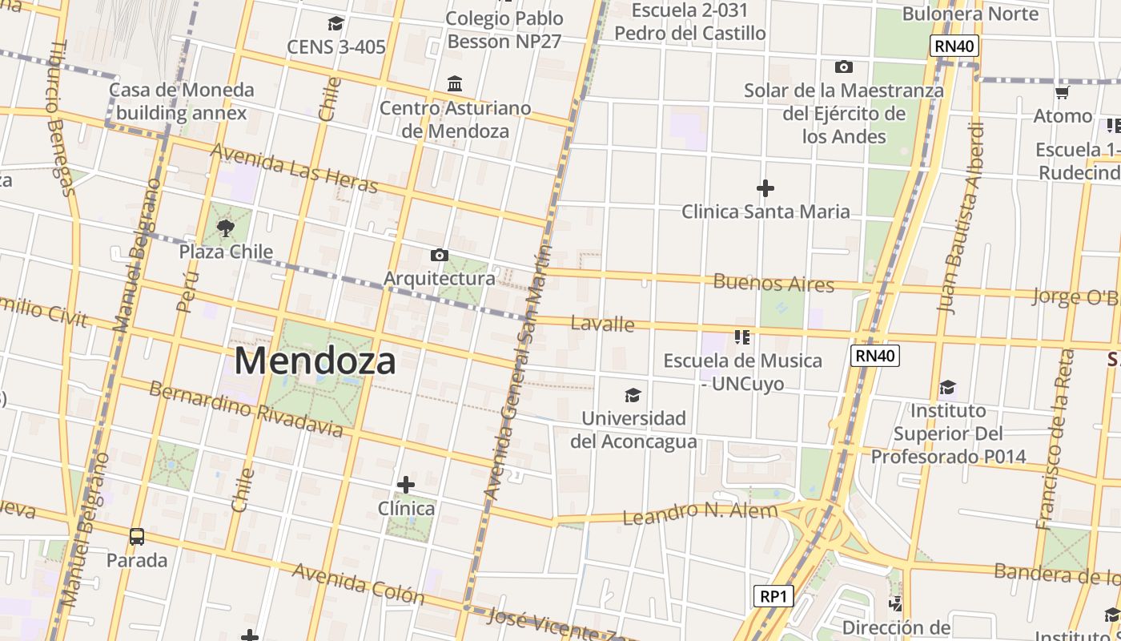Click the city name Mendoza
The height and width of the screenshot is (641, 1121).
coord(315,361)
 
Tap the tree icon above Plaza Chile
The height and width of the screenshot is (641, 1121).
coord(226,228)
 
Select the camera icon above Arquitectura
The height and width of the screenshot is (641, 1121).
coord(439,255)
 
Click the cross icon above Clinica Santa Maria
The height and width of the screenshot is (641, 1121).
coord(765,188)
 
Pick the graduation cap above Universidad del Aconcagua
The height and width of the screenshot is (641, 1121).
coord(633,395)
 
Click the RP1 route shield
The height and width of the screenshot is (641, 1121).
coord(773,596)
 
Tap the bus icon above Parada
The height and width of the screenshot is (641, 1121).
coord(137,536)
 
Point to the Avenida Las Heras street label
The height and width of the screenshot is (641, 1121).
coord(293,168)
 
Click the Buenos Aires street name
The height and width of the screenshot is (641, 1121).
coord(773,283)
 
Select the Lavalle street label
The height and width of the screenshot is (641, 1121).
coord(602,324)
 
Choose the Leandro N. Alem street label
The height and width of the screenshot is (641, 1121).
coord(700,513)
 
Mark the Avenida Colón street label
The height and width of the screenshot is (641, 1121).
coord(358,583)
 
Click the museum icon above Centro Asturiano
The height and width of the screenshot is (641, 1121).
coord(455,83)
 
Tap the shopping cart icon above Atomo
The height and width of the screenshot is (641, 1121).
coord(1063,92)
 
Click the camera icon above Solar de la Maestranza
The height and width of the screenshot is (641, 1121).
coord(843,67)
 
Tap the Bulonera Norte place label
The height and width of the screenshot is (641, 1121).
coord(970,14)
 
